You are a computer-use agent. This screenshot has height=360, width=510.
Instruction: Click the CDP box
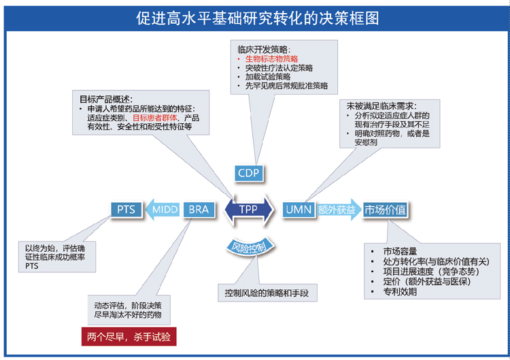pyautogui.click(x=249, y=173)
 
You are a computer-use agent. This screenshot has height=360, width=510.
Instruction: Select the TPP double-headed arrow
pyautogui.click(x=249, y=210)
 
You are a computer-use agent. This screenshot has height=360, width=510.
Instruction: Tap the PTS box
pyautogui.click(x=126, y=210)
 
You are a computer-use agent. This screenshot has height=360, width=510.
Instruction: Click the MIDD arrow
pyautogui.click(x=162, y=210)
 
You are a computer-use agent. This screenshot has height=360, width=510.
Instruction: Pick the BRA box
pyautogui.click(x=199, y=210)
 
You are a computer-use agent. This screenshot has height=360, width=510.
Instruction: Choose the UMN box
pyautogui.click(x=299, y=210)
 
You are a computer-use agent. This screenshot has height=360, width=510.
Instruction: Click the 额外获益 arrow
pyautogui.click(x=338, y=210)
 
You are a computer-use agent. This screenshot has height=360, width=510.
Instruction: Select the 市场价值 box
pyautogui.click(x=385, y=210)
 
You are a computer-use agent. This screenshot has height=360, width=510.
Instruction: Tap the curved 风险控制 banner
pyautogui.click(x=250, y=248)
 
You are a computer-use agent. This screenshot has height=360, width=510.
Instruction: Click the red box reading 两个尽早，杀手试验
pyautogui.click(x=129, y=337)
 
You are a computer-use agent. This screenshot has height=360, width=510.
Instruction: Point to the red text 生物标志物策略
pyautogui.click(x=271, y=59)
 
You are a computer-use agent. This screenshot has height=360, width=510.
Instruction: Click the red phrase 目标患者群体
pyautogui.click(x=155, y=118)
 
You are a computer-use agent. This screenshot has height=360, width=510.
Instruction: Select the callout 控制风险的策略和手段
pyautogui.click(x=267, y=293)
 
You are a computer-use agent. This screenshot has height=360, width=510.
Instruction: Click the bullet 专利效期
pyautogui.click(x=400, y=292)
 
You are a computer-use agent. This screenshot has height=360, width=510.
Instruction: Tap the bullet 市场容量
pyautogui.click(x=400, y=251)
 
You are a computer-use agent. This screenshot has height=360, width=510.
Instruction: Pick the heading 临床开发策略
pyautogui.click(x=264, y=50)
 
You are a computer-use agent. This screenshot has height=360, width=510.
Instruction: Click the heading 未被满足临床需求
pyautogui.click(x=381, y=106)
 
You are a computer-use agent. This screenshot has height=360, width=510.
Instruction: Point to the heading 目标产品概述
pyautogui.click(x=106, y=99)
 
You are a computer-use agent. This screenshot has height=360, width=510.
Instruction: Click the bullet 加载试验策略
pyautogui.click(x=268, y=77)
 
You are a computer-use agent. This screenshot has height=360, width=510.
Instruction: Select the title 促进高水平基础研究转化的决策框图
pyautogui.click(x=258, y=18)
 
